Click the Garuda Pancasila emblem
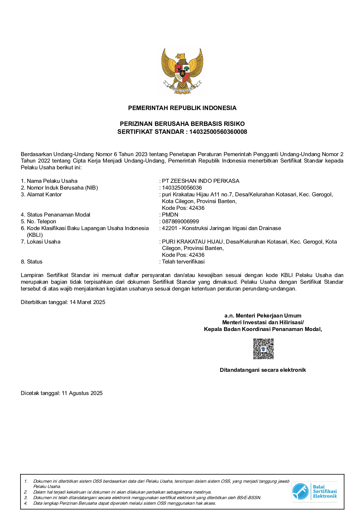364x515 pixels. coord(182,71)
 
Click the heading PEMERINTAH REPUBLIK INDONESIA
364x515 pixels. coord(182,108)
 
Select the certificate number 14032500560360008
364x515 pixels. coord(218,132)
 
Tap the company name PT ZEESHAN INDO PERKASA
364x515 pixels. coord(200,181)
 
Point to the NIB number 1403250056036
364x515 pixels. coord(182,188)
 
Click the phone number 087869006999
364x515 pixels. coord(180,222)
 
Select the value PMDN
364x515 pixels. coord(170,215)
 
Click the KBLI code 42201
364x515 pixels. coord(169,228)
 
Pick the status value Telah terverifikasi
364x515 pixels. coord(183,262)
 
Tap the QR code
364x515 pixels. coord(263,349)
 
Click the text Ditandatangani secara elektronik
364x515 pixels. coord(263,370)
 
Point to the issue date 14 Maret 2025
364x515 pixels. coord(87,302)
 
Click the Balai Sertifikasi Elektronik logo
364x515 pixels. coord(314,491)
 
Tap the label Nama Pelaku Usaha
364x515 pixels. coord(52,181)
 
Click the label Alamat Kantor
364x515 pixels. coord(44,195)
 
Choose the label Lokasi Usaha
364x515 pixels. coord(43,242)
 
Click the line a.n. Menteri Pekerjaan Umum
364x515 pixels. coord(263,316)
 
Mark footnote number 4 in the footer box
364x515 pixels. coord(26,503)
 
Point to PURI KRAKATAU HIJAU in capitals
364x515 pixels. coord(193,242)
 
